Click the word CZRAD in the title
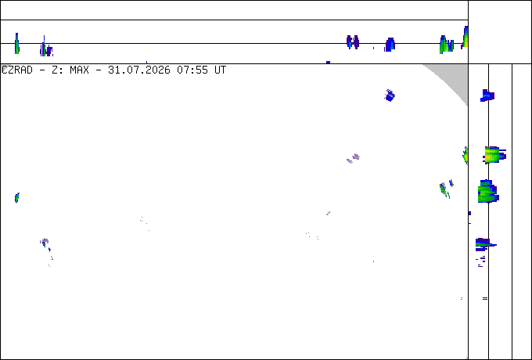[x=17, y=70]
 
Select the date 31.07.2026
[x=138, y=70]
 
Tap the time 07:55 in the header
[x=192, y=70]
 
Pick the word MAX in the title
[x=79, y=70]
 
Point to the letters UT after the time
[x=220, y=70]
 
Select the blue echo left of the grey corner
[x=390, y=95]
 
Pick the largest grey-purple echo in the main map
[x=355, y=157]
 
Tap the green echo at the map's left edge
[x=17, y=197]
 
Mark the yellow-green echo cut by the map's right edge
[x=465, y=156]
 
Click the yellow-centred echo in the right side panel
[x=494, y=155]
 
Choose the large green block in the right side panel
[x=488, y=192]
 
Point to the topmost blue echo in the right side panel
[x=487, y=95]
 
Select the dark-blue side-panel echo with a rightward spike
[x=484, y=244]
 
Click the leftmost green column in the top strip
[x=16, y=43]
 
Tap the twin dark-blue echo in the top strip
[x=353, y=42]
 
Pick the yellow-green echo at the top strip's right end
[x=465, y=37]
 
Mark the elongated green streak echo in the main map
[x=444, y=190]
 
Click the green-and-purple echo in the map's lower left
[x=44, y=243]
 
